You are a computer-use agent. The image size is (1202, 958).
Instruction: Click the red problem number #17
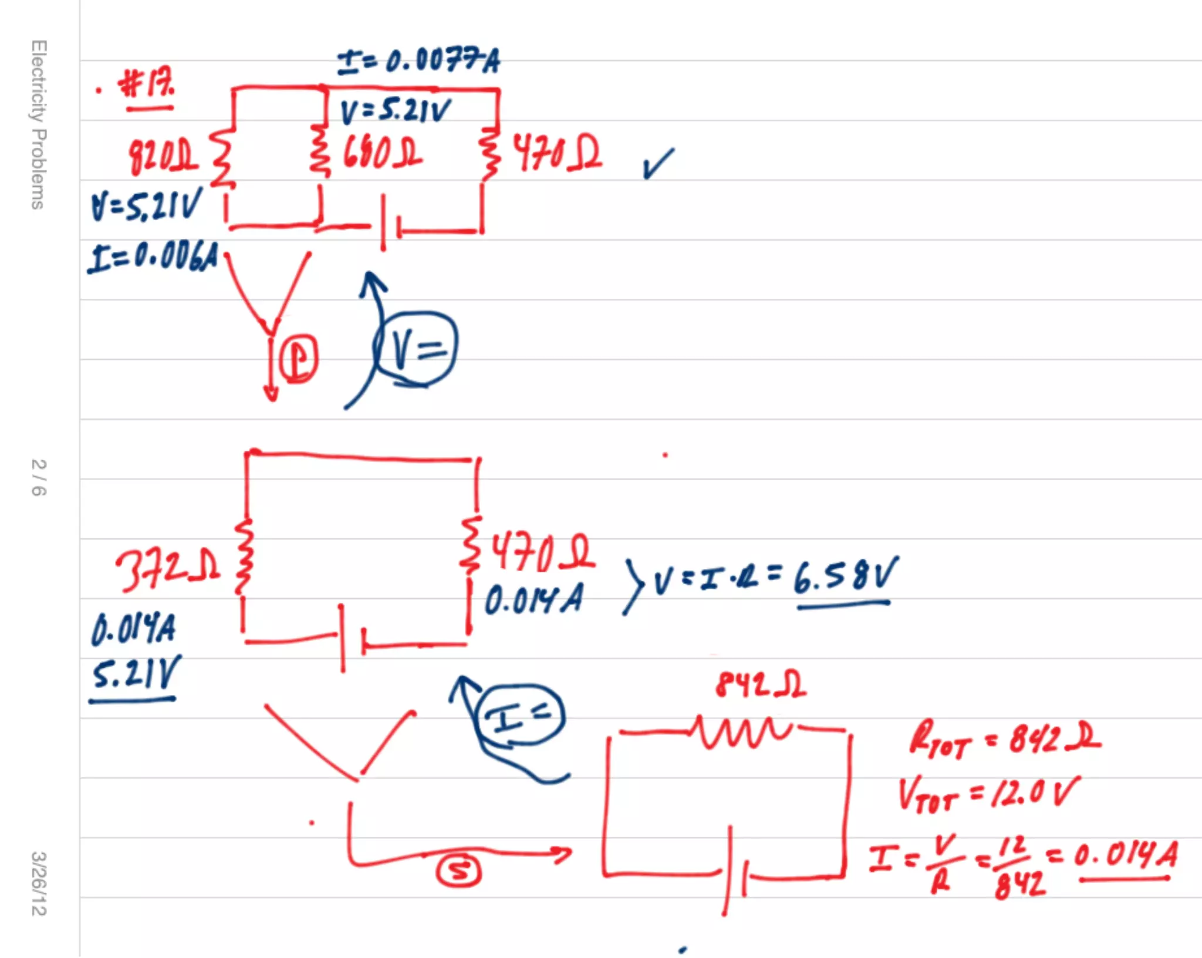click(147, 85)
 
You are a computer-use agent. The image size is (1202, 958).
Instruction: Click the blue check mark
click(658, 163)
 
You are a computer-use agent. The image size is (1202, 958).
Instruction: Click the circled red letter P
click(299, 359)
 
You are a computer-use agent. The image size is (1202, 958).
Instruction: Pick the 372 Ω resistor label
click(168, 569)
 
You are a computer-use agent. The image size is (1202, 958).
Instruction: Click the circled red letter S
click(458, 871)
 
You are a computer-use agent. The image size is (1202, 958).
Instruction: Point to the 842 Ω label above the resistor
click(761, 684)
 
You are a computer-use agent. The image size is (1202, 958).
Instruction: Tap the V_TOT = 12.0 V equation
click(988, 794)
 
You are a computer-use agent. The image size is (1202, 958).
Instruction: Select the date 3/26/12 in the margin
click(39, 883)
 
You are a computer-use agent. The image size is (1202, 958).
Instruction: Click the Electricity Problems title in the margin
click(39, 124)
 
